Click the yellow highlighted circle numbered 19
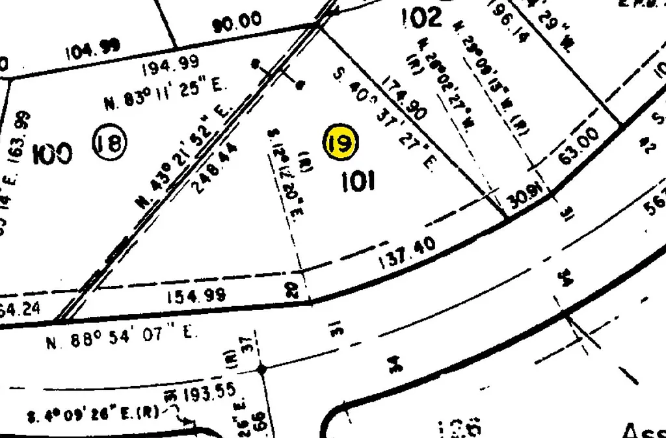click(341, 142)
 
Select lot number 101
click(358, 181)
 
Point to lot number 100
click(52, 154)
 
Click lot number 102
click(421, 17)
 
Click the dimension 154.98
click(196, 296)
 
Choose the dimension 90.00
click(237, 20)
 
